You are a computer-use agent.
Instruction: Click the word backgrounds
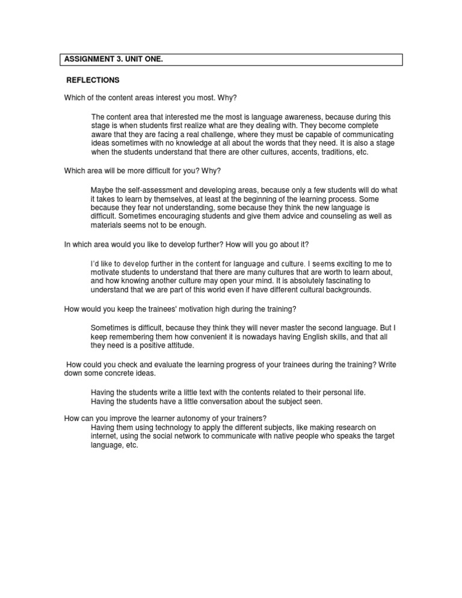click(342, 290)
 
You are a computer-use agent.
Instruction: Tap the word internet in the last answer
click(104, 437)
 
